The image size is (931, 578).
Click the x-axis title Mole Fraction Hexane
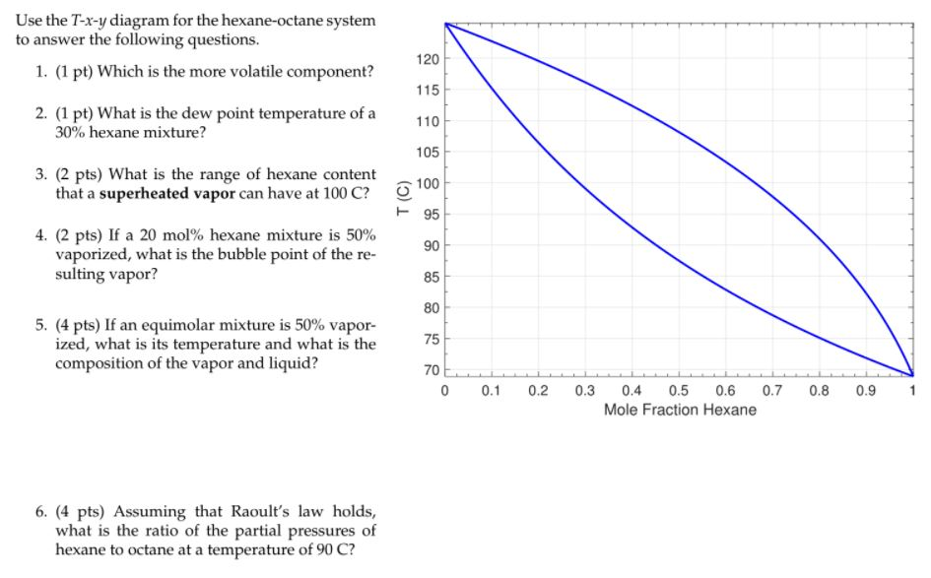[680, 410]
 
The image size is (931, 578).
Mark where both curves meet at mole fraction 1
[912, 374]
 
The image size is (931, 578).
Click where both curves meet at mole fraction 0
[445, 24]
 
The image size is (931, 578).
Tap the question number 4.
[39, 236]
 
